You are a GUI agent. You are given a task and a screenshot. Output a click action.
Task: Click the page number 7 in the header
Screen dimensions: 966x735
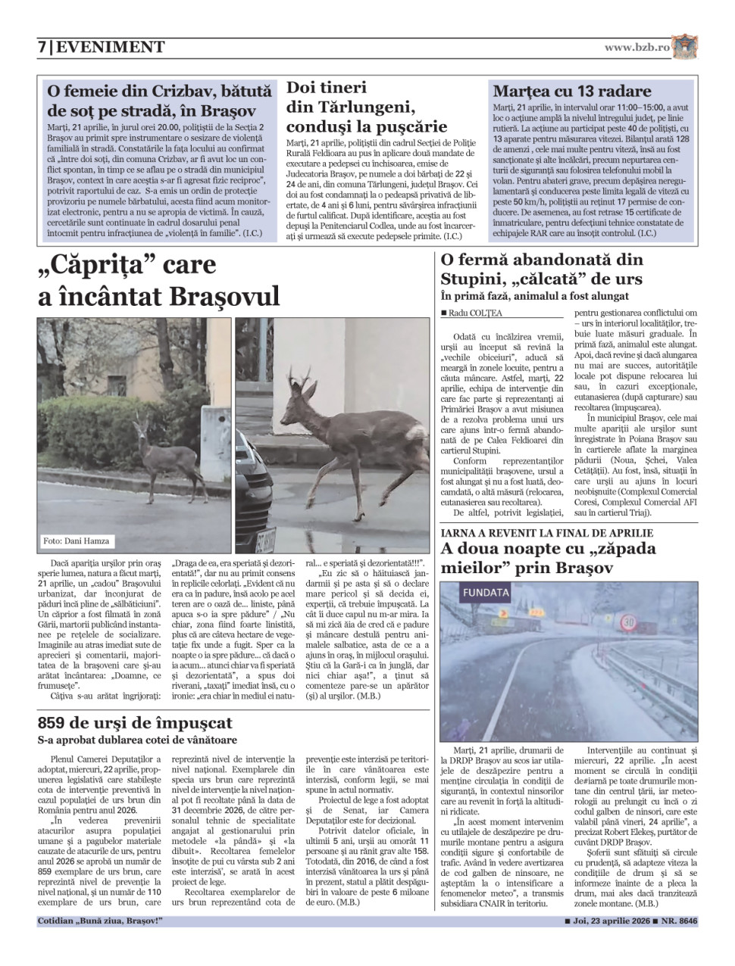click(x=42, y=47)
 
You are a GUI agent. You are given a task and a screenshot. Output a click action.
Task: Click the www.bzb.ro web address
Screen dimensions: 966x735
click(x=636, y=47)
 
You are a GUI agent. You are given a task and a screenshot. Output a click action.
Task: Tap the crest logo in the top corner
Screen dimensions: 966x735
click(x=684, y=47)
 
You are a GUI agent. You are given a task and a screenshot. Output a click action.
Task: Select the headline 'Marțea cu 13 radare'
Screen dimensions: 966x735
click(x=571, y=92)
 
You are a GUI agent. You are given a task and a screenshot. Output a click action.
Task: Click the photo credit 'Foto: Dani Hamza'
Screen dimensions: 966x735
click(x=77, y=541)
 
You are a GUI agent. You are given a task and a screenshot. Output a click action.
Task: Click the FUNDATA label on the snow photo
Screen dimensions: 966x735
click(x=486, y=592)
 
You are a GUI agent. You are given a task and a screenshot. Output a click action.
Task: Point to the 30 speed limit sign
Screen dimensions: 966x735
click(x=628, y=622)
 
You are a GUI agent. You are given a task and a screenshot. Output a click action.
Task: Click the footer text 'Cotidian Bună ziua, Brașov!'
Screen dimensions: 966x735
click(x=100, y=921)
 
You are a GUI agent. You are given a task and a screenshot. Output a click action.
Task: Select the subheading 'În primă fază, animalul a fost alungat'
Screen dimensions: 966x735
click(x=534, y=296)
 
